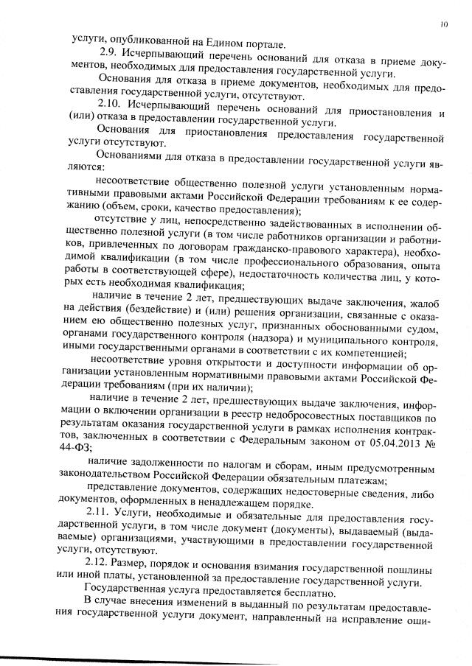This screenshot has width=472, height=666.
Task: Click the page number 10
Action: click(x=445, y=24)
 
